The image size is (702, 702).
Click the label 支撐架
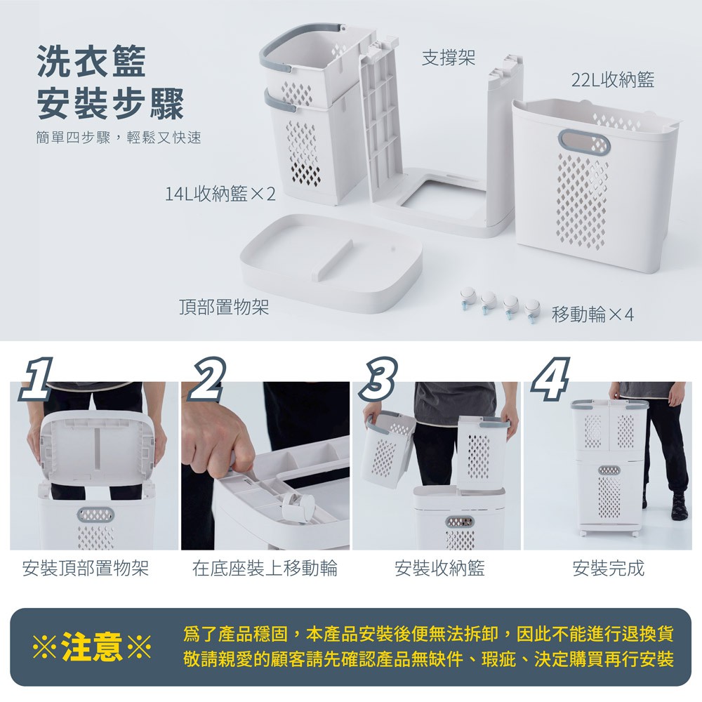tap(448, 58)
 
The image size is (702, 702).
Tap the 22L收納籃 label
tap(612, 80)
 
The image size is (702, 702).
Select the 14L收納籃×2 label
tap(220, 194)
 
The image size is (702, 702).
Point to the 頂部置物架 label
tap(224, 307)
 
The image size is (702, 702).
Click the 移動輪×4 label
tap(592, 314)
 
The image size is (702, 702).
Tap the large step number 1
tap(36, 378)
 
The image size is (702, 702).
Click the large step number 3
tap(379, 378)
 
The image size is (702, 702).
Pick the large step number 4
tap(550, 378)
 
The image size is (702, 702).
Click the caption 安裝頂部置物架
tap(85, 568)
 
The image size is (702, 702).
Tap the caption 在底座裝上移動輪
tap(265, 568)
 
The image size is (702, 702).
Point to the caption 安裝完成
tap(608, 568)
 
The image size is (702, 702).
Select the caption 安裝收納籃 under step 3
tap(439, 568)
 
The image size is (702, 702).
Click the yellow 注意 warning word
tap(92, 647)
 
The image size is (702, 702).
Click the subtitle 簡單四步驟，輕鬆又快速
tap(119, 138)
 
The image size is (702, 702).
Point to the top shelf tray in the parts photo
tap(332, 263)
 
